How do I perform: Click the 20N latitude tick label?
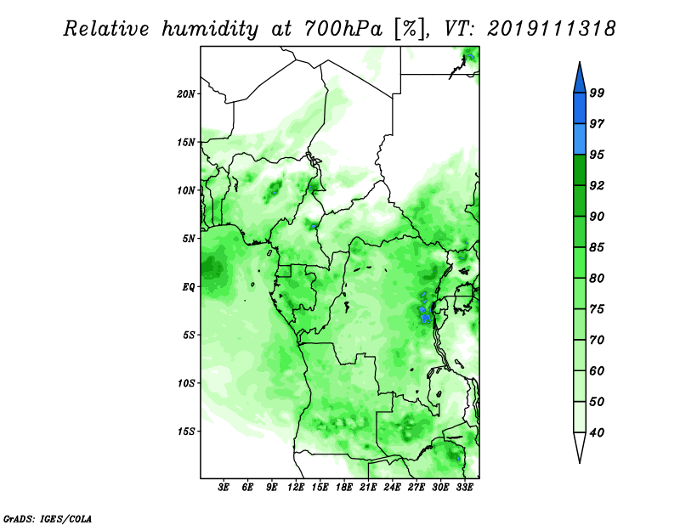click(186, 93)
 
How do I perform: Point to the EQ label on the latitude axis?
click(189, 286)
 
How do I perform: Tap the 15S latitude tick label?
click(186, 432)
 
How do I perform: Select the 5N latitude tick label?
click(189, 239)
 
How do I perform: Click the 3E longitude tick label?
click(224, 488)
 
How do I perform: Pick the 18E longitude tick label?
click(344, 488)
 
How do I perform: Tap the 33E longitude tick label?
click(464, 488)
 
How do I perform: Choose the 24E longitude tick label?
click(392, 488)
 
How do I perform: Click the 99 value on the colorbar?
click(597, 93)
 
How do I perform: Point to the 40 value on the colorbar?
click(597, 432)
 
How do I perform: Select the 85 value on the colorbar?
click(597, 247)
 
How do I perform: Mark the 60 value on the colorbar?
click(597, 370)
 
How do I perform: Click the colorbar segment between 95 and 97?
click(580, 139)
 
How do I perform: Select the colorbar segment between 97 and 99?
click(580, 109)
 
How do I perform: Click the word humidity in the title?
click(210, 29)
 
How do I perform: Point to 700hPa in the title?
click(343, 29)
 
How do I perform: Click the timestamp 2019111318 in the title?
click(551, 29)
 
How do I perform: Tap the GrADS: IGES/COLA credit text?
click(48, 518)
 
